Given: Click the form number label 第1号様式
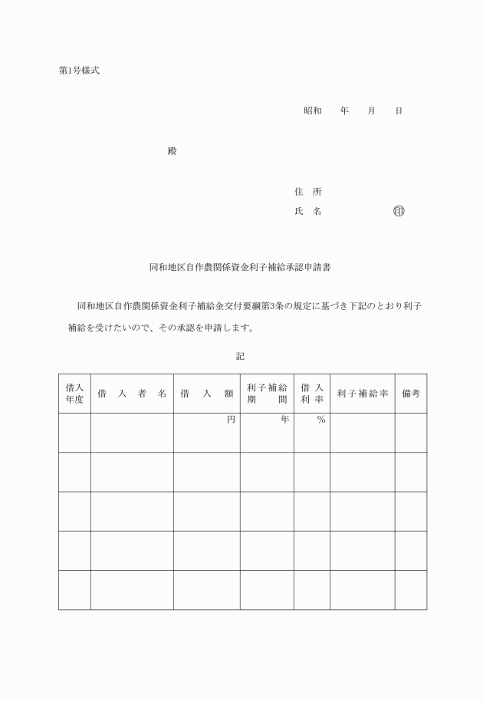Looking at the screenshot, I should point(79,71).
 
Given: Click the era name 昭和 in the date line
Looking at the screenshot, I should point(313,111).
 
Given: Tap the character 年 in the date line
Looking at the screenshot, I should point(345,111).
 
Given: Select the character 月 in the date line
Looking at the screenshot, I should point(372,111).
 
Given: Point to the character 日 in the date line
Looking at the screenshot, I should point(399,111).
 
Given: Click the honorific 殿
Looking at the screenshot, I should point(172,150).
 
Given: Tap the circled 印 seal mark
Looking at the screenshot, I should point(399,211).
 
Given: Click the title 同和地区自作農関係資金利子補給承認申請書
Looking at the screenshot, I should point(240,269).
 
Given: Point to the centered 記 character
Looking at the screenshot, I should point(240,356).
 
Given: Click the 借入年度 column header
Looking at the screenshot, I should point(74,394).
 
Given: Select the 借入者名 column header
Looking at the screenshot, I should point(132,394).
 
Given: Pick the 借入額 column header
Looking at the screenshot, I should point(206,394).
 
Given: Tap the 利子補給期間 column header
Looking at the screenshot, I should point(267,394).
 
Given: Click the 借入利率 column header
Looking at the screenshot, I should point(311,394).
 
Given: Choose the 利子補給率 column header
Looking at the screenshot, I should point(362,394).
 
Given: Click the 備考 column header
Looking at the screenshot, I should point(411,394).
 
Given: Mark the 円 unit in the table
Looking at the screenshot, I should point(230,420).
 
